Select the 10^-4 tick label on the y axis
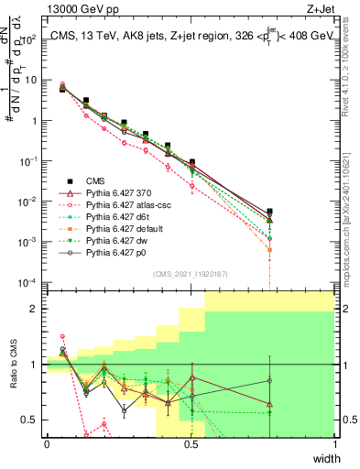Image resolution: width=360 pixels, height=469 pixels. tap(28, 282)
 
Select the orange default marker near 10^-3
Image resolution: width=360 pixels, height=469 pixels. tap(269, 249)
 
